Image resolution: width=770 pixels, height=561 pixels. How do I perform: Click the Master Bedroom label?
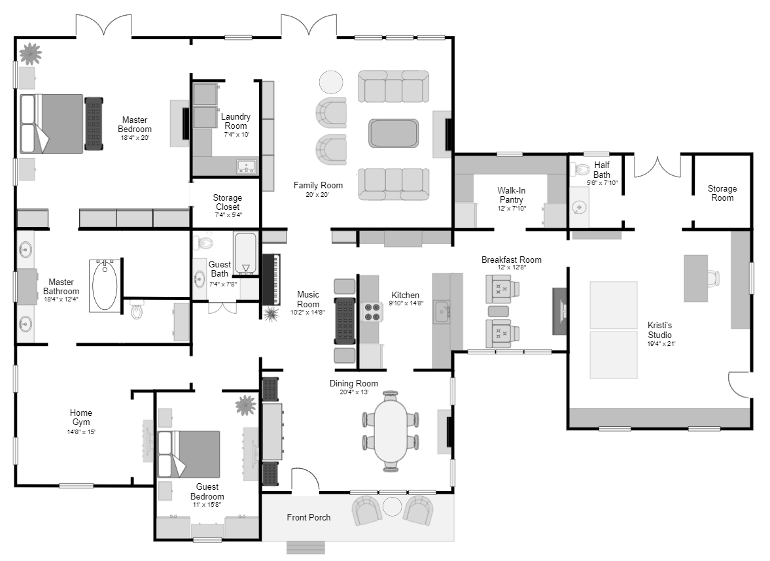tap(135, 124)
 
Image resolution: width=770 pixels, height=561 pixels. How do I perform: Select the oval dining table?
tap(391, 431)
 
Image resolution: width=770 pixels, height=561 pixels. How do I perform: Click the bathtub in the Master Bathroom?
tap(105, 285)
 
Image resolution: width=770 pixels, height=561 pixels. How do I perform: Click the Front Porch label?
tap(308, 517)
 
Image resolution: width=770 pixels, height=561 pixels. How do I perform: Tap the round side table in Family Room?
tap(330, 82)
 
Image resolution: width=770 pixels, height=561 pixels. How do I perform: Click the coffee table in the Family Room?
tap(394, 133)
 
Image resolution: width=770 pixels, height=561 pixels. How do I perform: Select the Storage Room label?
tap(722, 193)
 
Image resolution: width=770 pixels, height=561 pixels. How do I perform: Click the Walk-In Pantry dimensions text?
tap(512, 209)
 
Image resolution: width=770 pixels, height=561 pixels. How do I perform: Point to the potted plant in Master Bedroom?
tap(29, 53)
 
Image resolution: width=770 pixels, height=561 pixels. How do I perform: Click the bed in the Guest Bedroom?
tap(188, 454)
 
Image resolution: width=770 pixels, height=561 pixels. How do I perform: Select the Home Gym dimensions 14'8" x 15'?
tap(81, 432)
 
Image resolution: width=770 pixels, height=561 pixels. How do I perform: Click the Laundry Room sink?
tap(246, 167)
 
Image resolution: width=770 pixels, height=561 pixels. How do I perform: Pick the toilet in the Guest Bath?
tap(205, 244)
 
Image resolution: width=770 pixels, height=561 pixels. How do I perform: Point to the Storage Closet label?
tap(227, 202)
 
